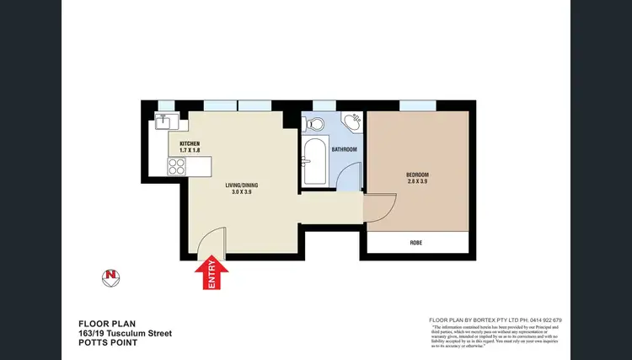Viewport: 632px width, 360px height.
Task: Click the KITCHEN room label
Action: pyautogui.click(x=190, y=144)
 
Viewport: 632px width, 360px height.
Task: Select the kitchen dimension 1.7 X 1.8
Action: pyautogui.click(x=190, y=152)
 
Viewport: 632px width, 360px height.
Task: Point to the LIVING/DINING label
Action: pyautogui.click(x=239, y=185)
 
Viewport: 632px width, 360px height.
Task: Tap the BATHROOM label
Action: pyautogui.click(x=344, y=149)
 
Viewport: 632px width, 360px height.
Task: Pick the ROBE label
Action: pyautogui.click(x=416, y=243)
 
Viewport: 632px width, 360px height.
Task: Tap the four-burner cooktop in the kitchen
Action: pyautogui.click(x=177, y=166)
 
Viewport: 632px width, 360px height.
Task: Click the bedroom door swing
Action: pyautogui.click(x=378, y=208)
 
